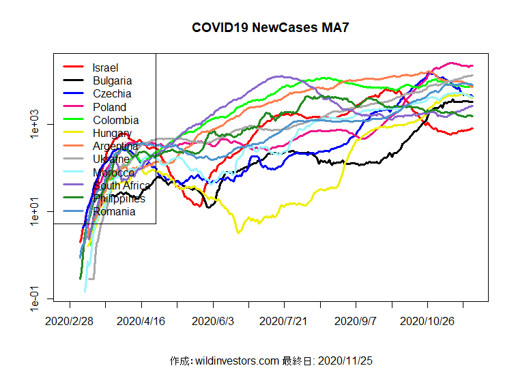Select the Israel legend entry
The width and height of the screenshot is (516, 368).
coord(106,67)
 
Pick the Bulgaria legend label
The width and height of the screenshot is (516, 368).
coord(112,80)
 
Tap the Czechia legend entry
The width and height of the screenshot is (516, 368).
coord(112,93)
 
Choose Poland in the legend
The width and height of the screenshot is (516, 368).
coord(109,107)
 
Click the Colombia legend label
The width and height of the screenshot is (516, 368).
coord(115,120)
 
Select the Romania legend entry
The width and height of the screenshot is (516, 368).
coord(114,211)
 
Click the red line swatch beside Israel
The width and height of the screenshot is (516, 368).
coord(73,67)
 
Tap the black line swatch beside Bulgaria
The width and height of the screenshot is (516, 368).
coord(73,80)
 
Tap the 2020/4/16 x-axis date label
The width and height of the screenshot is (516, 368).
coord(141,320)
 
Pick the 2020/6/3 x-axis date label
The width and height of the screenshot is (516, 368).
coord(213,320)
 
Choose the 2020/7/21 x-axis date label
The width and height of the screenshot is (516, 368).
coord(285,320)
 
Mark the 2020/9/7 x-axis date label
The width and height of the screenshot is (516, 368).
coord(356,320)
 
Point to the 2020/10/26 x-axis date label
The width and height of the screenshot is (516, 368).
coord(427,320)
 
